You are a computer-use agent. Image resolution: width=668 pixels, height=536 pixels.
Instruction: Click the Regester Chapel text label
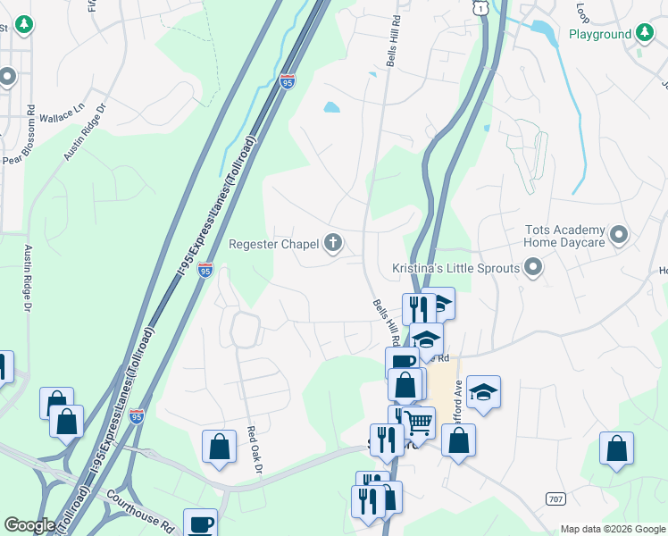(x=274, y=243)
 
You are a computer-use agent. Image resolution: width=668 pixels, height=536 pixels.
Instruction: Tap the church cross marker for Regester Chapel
(x=333, y=243)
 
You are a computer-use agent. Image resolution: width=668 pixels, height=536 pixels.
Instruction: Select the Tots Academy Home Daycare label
(x=565, y=236)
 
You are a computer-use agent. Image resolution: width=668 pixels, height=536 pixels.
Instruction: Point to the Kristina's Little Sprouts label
(x=455, y=268)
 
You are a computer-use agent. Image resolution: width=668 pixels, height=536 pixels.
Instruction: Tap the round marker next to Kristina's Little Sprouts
(x=533, y=267)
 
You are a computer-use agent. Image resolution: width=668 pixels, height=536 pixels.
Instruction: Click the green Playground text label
(x=600, y=35)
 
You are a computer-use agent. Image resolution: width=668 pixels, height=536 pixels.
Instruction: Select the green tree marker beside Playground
(x=645, y=34)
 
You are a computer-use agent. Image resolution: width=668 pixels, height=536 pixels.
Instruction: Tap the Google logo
(x=29, y=525)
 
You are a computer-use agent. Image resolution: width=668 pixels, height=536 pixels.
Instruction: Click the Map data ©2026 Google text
(x=613, y=529)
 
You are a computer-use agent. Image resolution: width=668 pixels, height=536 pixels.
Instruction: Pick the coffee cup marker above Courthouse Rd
(x=200, y=523)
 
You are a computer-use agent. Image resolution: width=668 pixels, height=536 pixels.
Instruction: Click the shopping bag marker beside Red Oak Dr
(x=219, y=447)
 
